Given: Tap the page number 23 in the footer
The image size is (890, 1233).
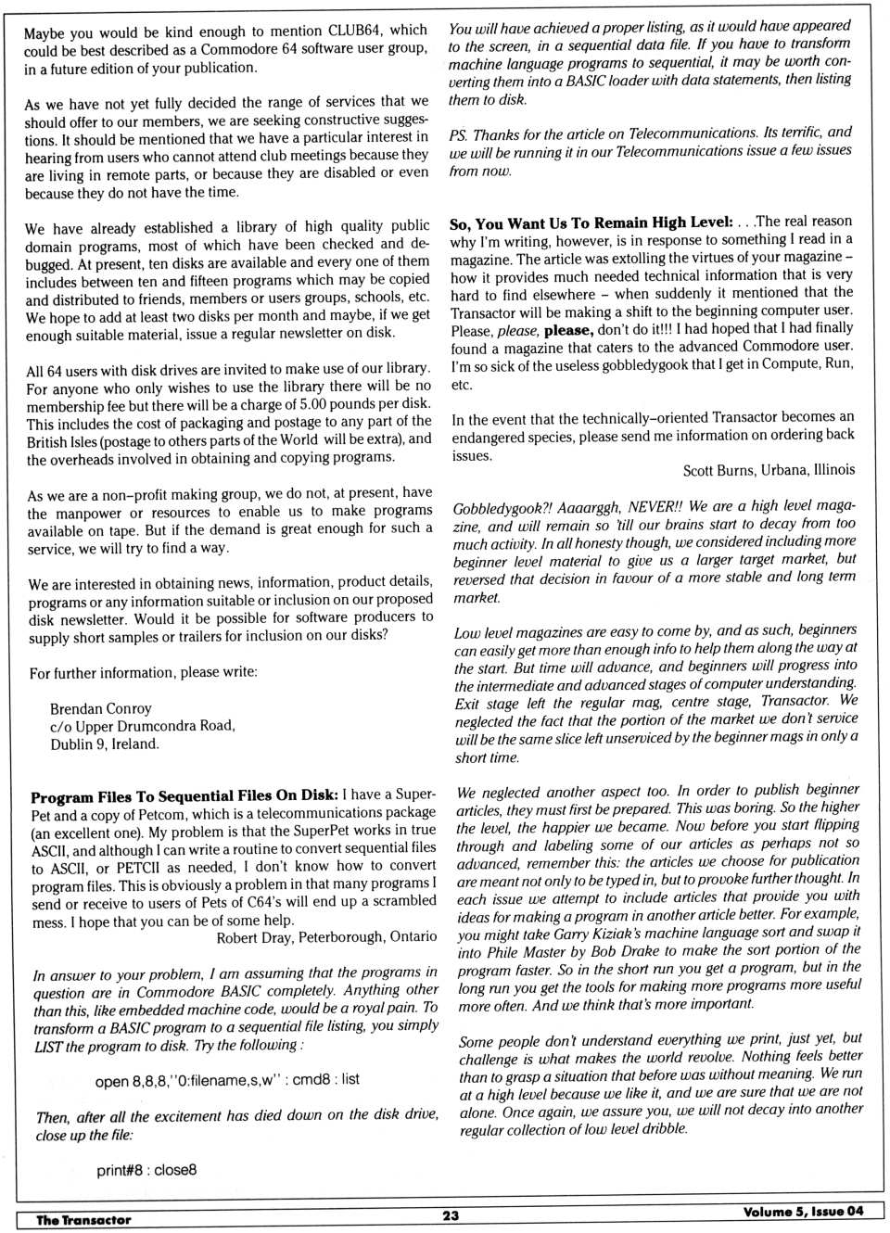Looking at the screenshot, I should click(x=451, y=1215).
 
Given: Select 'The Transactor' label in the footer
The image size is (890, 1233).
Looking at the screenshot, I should click(x=83, y=1220).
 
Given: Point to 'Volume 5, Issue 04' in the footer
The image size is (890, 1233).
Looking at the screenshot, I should click(x=803, y=1212).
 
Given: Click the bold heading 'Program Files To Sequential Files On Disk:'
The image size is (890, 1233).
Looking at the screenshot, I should click(x=184, y=795).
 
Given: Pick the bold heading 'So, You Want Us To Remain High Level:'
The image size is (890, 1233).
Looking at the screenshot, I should click(x=591, y=222).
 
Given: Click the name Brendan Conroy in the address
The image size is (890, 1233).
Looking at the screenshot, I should click(x=100, y=708).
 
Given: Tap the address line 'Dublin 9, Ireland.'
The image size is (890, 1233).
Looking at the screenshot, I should click(x=104, y=744).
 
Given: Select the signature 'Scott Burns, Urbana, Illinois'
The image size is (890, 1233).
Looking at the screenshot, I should click(x=769, y=470).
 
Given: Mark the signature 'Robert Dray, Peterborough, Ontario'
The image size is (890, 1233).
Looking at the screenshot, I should click(x=326, y=937).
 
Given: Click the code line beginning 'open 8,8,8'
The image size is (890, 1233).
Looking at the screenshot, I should click(x=227, y=1080).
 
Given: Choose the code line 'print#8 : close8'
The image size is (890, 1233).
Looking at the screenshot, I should click(x=146, y=1170).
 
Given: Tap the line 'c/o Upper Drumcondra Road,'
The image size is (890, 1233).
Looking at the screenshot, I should click(x=143, y=726).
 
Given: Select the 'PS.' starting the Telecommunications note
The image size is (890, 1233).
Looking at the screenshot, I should click(x=459, y=135).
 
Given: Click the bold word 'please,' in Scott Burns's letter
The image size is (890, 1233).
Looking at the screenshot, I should click(x=568, y=330).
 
